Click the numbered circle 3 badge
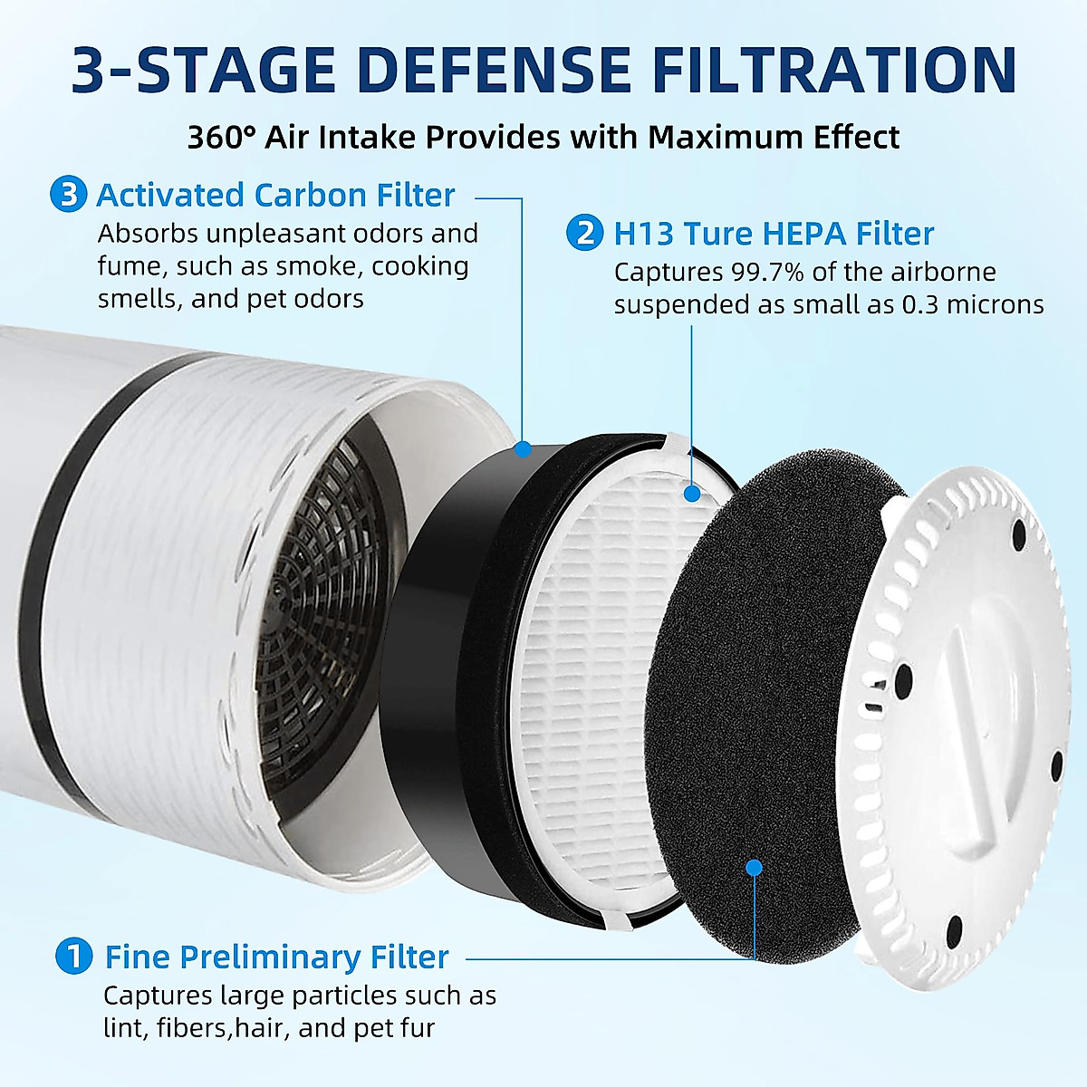click(69, 195)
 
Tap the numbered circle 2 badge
click(585, 233)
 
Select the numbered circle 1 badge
click(74, 957)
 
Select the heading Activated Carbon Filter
click(275, 195)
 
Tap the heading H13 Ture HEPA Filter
click(774, 234)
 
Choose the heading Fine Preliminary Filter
click(276, 957)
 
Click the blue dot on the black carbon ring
click(522, 448)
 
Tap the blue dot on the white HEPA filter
click(693, 494)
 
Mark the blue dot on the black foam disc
click(754, 867)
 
